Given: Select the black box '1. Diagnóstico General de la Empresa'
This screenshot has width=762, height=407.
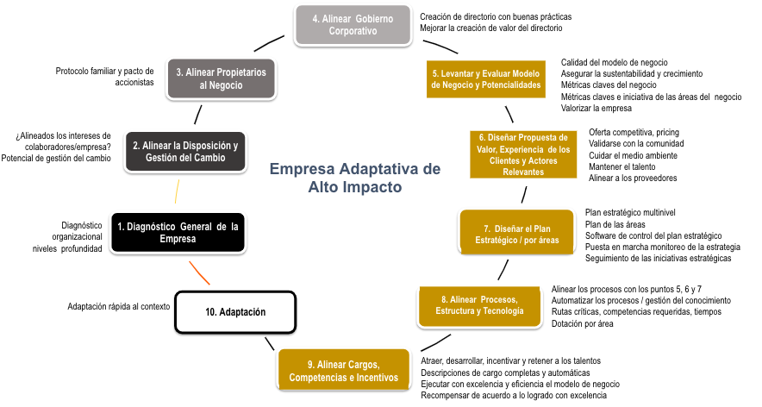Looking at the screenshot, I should point(178,232).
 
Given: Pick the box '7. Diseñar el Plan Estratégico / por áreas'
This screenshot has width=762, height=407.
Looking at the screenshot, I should point(516,233).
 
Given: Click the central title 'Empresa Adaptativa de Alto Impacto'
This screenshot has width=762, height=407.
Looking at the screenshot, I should point(355,177).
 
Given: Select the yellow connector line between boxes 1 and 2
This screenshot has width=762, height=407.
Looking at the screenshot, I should point(178,191).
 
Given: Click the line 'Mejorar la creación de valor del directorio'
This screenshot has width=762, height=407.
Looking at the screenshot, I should point(490,28).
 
